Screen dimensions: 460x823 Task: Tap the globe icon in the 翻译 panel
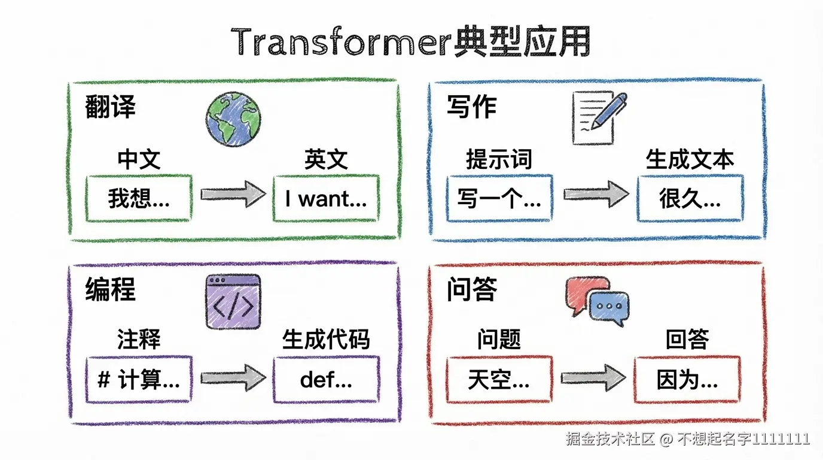[233, 119]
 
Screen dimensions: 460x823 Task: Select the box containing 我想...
[139, 198]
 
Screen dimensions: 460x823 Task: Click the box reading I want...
[326, 198]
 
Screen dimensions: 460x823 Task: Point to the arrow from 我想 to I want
[233, 194]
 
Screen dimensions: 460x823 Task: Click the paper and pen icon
[598, 117]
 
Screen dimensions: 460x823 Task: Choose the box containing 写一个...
[499, 198]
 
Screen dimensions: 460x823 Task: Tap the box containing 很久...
[690, 198]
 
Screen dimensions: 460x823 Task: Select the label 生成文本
[690, 159]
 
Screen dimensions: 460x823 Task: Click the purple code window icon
[233, 301]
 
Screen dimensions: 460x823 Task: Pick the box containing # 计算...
[139, 379]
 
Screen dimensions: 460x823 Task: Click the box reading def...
[326, 379]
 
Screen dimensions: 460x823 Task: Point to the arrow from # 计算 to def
[233, 377]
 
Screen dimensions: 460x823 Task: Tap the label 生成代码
[326, 340]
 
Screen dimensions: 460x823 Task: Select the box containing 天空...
[499, 379]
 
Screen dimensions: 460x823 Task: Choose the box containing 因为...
[687, 379]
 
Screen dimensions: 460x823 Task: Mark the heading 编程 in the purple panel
[111, 289]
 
